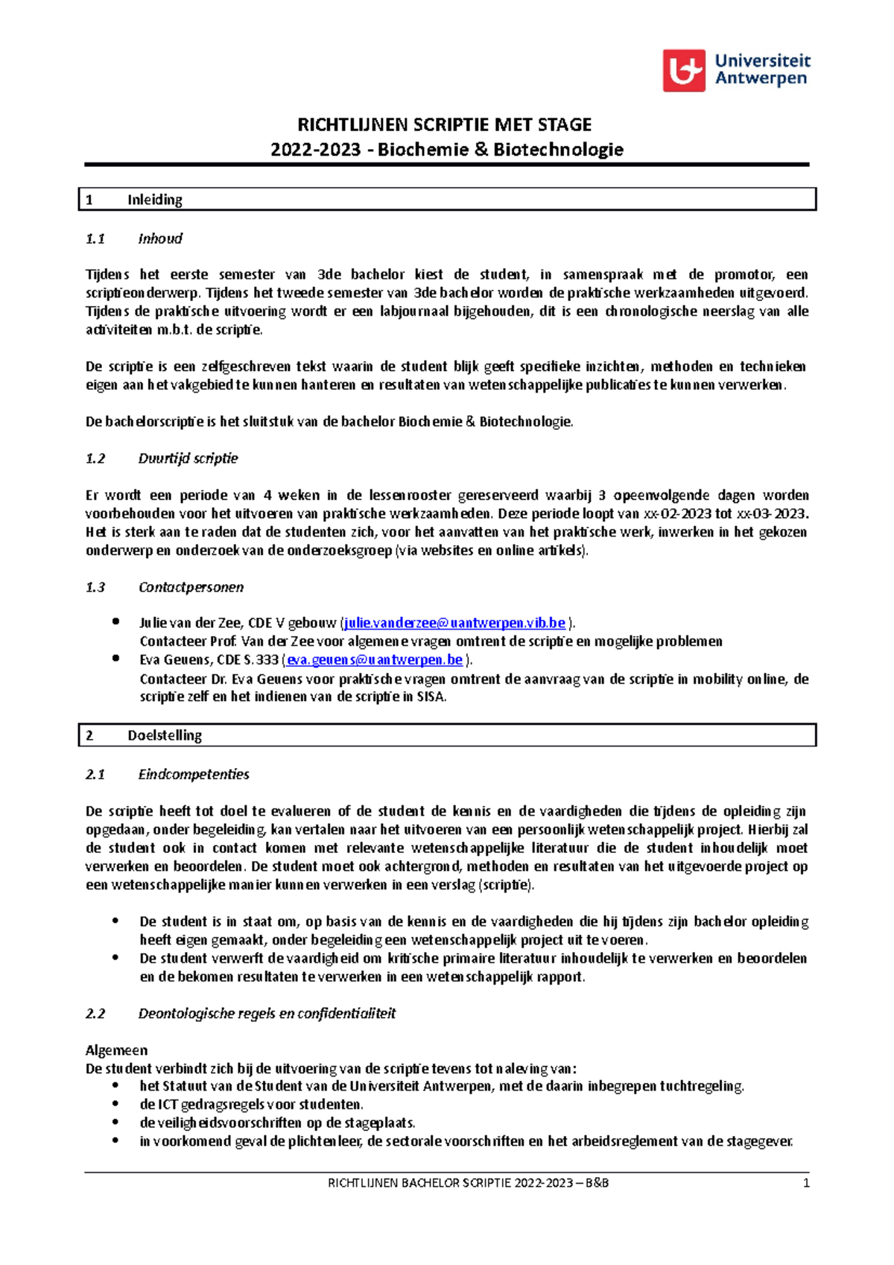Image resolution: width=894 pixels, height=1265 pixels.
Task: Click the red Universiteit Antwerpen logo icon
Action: coord(684,71)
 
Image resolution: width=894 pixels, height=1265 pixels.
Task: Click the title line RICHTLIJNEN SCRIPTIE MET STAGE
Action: coord(445,124)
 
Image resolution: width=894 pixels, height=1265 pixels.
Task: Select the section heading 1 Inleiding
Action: coord(154,200)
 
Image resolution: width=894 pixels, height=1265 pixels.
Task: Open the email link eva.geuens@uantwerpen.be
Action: coord(375,660)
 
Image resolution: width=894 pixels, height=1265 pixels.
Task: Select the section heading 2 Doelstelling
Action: coord(164,735)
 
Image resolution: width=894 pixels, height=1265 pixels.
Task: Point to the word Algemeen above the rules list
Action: coord(116,1050)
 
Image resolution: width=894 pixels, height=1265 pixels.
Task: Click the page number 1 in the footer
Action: coord(806,1183)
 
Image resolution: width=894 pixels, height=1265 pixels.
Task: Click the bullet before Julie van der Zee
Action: coord(115,621)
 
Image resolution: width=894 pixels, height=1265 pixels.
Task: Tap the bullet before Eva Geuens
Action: coord(115,659)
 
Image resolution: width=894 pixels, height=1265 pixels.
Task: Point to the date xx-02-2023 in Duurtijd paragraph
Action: coord(677,513)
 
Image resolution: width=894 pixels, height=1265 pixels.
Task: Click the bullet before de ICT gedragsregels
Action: coord(115,1104)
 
